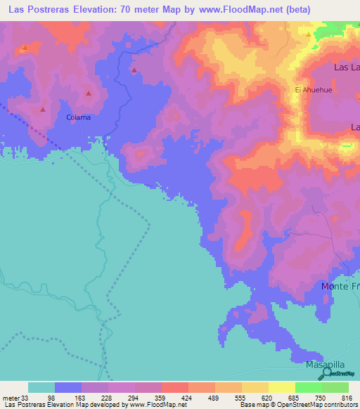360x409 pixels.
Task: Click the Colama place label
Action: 79,117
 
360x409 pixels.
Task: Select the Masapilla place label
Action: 324,365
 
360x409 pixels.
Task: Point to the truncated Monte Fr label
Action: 340,287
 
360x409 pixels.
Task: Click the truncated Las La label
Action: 346,67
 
